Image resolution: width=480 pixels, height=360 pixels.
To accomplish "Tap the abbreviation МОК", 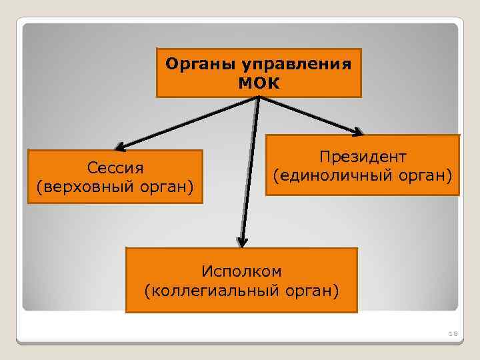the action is (x=259, y=83).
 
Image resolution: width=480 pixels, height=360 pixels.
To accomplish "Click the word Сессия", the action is (x=115, y=166).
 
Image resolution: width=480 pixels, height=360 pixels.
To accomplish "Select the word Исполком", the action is (x=241, y=271).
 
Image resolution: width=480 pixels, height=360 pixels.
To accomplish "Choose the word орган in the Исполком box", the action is (x=315, y=291).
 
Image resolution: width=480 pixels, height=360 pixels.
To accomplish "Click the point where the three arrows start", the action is (x=258, y=98).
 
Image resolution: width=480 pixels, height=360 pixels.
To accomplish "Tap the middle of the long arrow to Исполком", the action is (x=250, y=170).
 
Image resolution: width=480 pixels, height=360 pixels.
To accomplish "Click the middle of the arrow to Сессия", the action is (x=188, y=122).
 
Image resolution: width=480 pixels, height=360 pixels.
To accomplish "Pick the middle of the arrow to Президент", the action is (x=309, y=114).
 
